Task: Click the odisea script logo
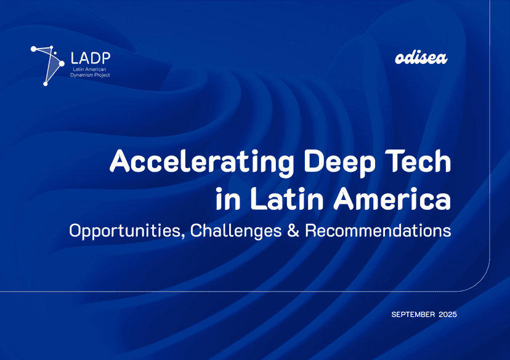pyautogui.click(x=420, y=59)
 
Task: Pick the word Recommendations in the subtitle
pyautogui.click(x=378, y=231)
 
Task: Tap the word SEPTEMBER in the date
pyautogui.click(x=413, y=315)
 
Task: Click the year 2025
pyautogui.click(x=448, y=315)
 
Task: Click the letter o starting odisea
pyautogui.click(x=399, y=60)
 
